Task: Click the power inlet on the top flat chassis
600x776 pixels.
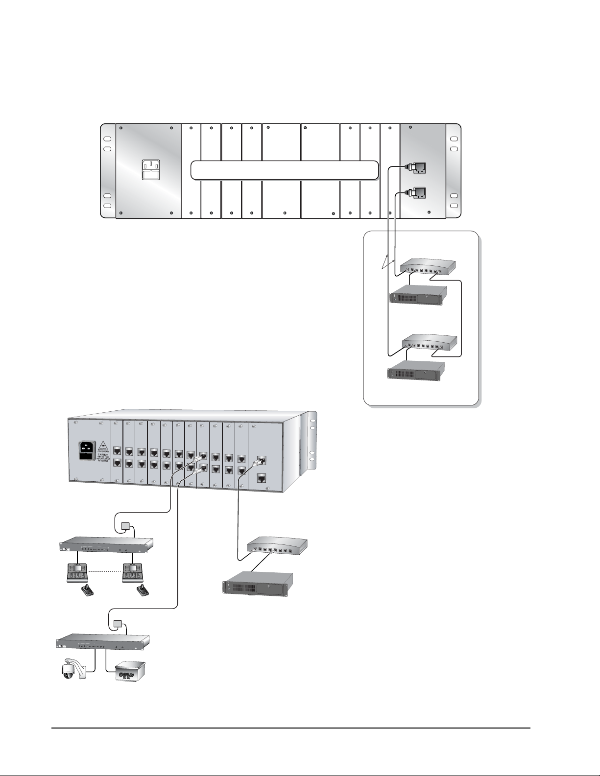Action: [x=151, y=169]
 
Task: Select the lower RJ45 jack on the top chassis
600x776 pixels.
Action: [x=418, y=193]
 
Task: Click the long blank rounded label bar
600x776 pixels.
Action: [x=285, y=170]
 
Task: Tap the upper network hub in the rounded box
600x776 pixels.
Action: [x=428, y=267]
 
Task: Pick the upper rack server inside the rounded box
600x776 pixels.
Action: [x=418, y=295]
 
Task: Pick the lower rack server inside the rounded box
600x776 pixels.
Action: [x=416, y=371]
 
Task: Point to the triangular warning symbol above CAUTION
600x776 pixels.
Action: [x=103, y=446]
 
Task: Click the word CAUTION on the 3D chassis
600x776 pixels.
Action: [x=103, y=455]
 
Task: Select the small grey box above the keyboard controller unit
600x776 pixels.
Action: [x=126, y=527]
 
